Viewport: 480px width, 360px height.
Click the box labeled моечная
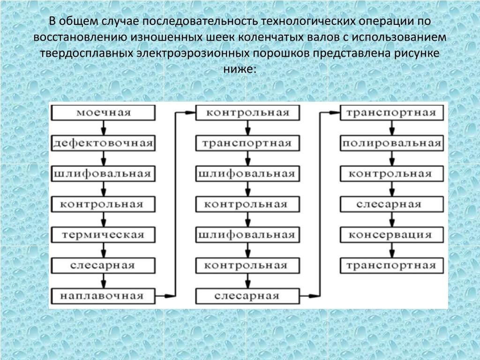point(103,112)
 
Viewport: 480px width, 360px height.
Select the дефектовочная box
point(103,143)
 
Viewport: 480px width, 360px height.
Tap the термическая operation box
point(103,235)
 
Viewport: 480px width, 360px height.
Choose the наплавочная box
point(103,296)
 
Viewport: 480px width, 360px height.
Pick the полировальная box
point(392,143)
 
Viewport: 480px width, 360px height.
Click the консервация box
point(392,235)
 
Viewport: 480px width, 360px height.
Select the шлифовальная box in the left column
point(103,174)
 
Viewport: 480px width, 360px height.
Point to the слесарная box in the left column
point(103,265)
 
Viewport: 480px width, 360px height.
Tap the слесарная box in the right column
point(392,204)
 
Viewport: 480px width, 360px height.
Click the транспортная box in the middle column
point(247,143)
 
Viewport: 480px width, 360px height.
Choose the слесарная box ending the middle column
point(247,296)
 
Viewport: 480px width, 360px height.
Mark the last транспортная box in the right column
point(392,265)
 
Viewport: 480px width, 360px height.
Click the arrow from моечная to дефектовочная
point(104,128)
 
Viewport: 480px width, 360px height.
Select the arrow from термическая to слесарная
point(104,250)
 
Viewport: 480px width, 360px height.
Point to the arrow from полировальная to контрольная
point(392,158)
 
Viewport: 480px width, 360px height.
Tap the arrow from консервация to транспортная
point(392,250)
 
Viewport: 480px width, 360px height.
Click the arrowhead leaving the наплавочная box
point(170,296)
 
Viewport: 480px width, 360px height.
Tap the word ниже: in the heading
point(240,69)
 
